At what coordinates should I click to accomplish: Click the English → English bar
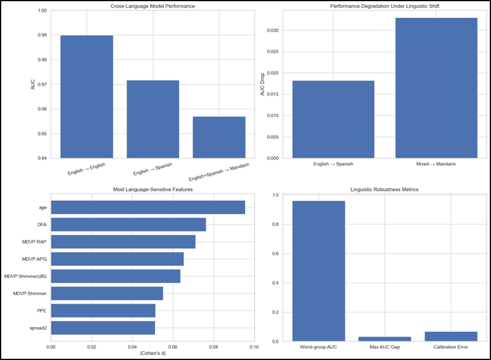pyautogui.click(x=87, y=97)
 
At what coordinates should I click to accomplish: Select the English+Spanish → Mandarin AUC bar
pyautogui.click(x=219, y=137)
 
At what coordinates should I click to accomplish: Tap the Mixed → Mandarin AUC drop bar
pyautogui.click(x=436, y=88)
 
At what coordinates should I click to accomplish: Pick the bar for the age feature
pyautogui.click(x=148, y=207)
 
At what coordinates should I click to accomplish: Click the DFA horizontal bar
pyautogui.click(x=128, y=224)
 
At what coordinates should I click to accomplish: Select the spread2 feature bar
pyautogui.click(x=103, y=328)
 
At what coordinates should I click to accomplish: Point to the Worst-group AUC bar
pyautogui.click(x=319, y=271)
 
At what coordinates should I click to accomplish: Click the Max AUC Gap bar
pyautogui.click(x=385, y=339)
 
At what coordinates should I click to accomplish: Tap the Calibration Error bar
pyautogui.click(x=451, y=336)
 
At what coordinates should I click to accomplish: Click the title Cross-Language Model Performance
pyautogui.click(x=153, y=6)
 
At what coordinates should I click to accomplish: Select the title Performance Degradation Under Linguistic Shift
pyautogui.click(x=384, y=6)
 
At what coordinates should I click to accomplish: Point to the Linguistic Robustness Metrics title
pyautogui.click(x=384, y=189)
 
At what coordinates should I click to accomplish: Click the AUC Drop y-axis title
pyautogui.click(x=262, y=84)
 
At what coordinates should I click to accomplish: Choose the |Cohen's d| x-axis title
pyautogui.click(x=153, y=353)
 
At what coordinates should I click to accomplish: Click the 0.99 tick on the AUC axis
pyautogui.click(x=42, y=35)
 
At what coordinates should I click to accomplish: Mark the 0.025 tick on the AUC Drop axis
pyautogui.click(x=272, y=52)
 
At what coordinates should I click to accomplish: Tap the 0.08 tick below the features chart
pyautogui.click(x=213, y=347)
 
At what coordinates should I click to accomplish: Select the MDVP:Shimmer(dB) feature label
pyautogui.click(x=25, y=276)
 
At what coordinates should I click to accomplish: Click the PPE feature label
pyautogui.click(x=42, y=311)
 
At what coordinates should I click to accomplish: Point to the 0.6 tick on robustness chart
pyautogui.click(x=276, y=253)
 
